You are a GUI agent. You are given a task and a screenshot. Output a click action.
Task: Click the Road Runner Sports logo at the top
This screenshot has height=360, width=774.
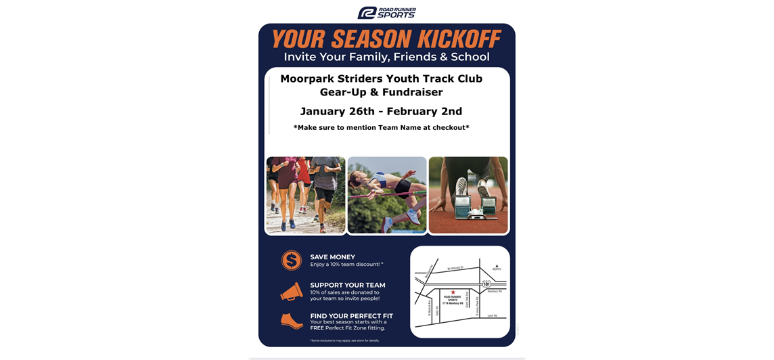click(386, 12)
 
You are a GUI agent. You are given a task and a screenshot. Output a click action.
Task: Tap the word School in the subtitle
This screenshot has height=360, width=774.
click(468, 57)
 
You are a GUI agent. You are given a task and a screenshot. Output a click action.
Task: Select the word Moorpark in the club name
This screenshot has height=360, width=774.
click(309, 78)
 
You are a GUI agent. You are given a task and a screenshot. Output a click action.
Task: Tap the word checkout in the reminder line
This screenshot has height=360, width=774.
click(444, 127)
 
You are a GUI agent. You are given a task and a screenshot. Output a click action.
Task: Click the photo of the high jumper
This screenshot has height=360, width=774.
click(387, 195)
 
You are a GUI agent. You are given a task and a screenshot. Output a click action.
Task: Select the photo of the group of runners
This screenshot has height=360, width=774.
click(306, 195)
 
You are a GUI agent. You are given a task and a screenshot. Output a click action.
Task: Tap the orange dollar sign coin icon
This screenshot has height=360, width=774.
click(291, 260)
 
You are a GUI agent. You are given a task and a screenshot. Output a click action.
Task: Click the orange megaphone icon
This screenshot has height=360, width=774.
click(291, 291)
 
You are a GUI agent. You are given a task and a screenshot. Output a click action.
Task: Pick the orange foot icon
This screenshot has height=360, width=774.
click(291, 321)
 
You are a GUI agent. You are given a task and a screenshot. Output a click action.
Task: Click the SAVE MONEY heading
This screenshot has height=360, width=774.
click(332, 257)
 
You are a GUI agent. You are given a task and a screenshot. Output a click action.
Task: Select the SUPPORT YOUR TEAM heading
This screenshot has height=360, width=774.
click(347, 285)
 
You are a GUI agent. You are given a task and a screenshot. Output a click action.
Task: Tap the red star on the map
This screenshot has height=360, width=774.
click(453, 292)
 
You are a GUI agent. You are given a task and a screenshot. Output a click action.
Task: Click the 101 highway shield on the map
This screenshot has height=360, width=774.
click(486, 284)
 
